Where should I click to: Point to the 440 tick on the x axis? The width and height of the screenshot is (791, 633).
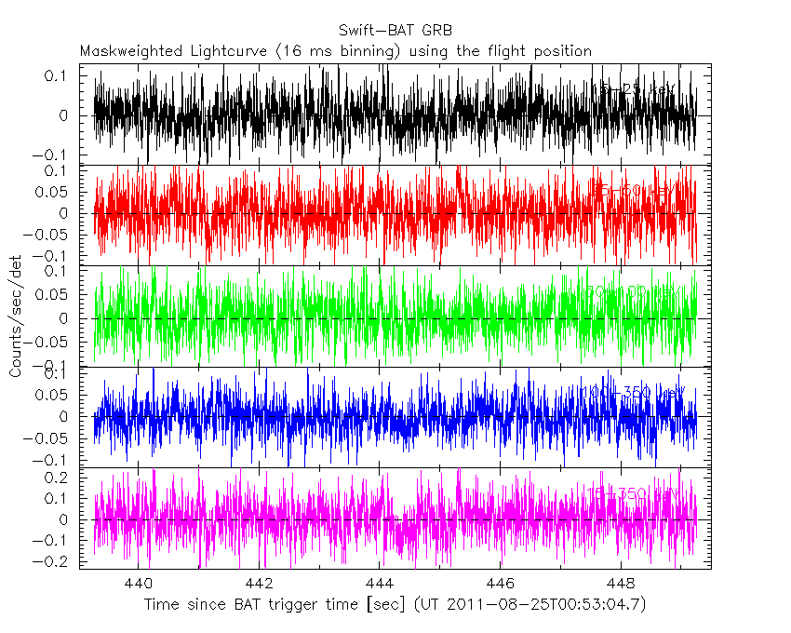pos(139,584)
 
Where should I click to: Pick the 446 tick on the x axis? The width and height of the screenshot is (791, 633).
pos(501,584)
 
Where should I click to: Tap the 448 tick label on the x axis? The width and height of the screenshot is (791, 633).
pos(621,584)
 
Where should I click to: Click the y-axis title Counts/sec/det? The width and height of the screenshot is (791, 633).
pos(16,316)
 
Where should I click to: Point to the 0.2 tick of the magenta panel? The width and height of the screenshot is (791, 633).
pos(63,478)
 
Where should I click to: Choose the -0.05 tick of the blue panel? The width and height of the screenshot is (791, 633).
pos(56,438)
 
